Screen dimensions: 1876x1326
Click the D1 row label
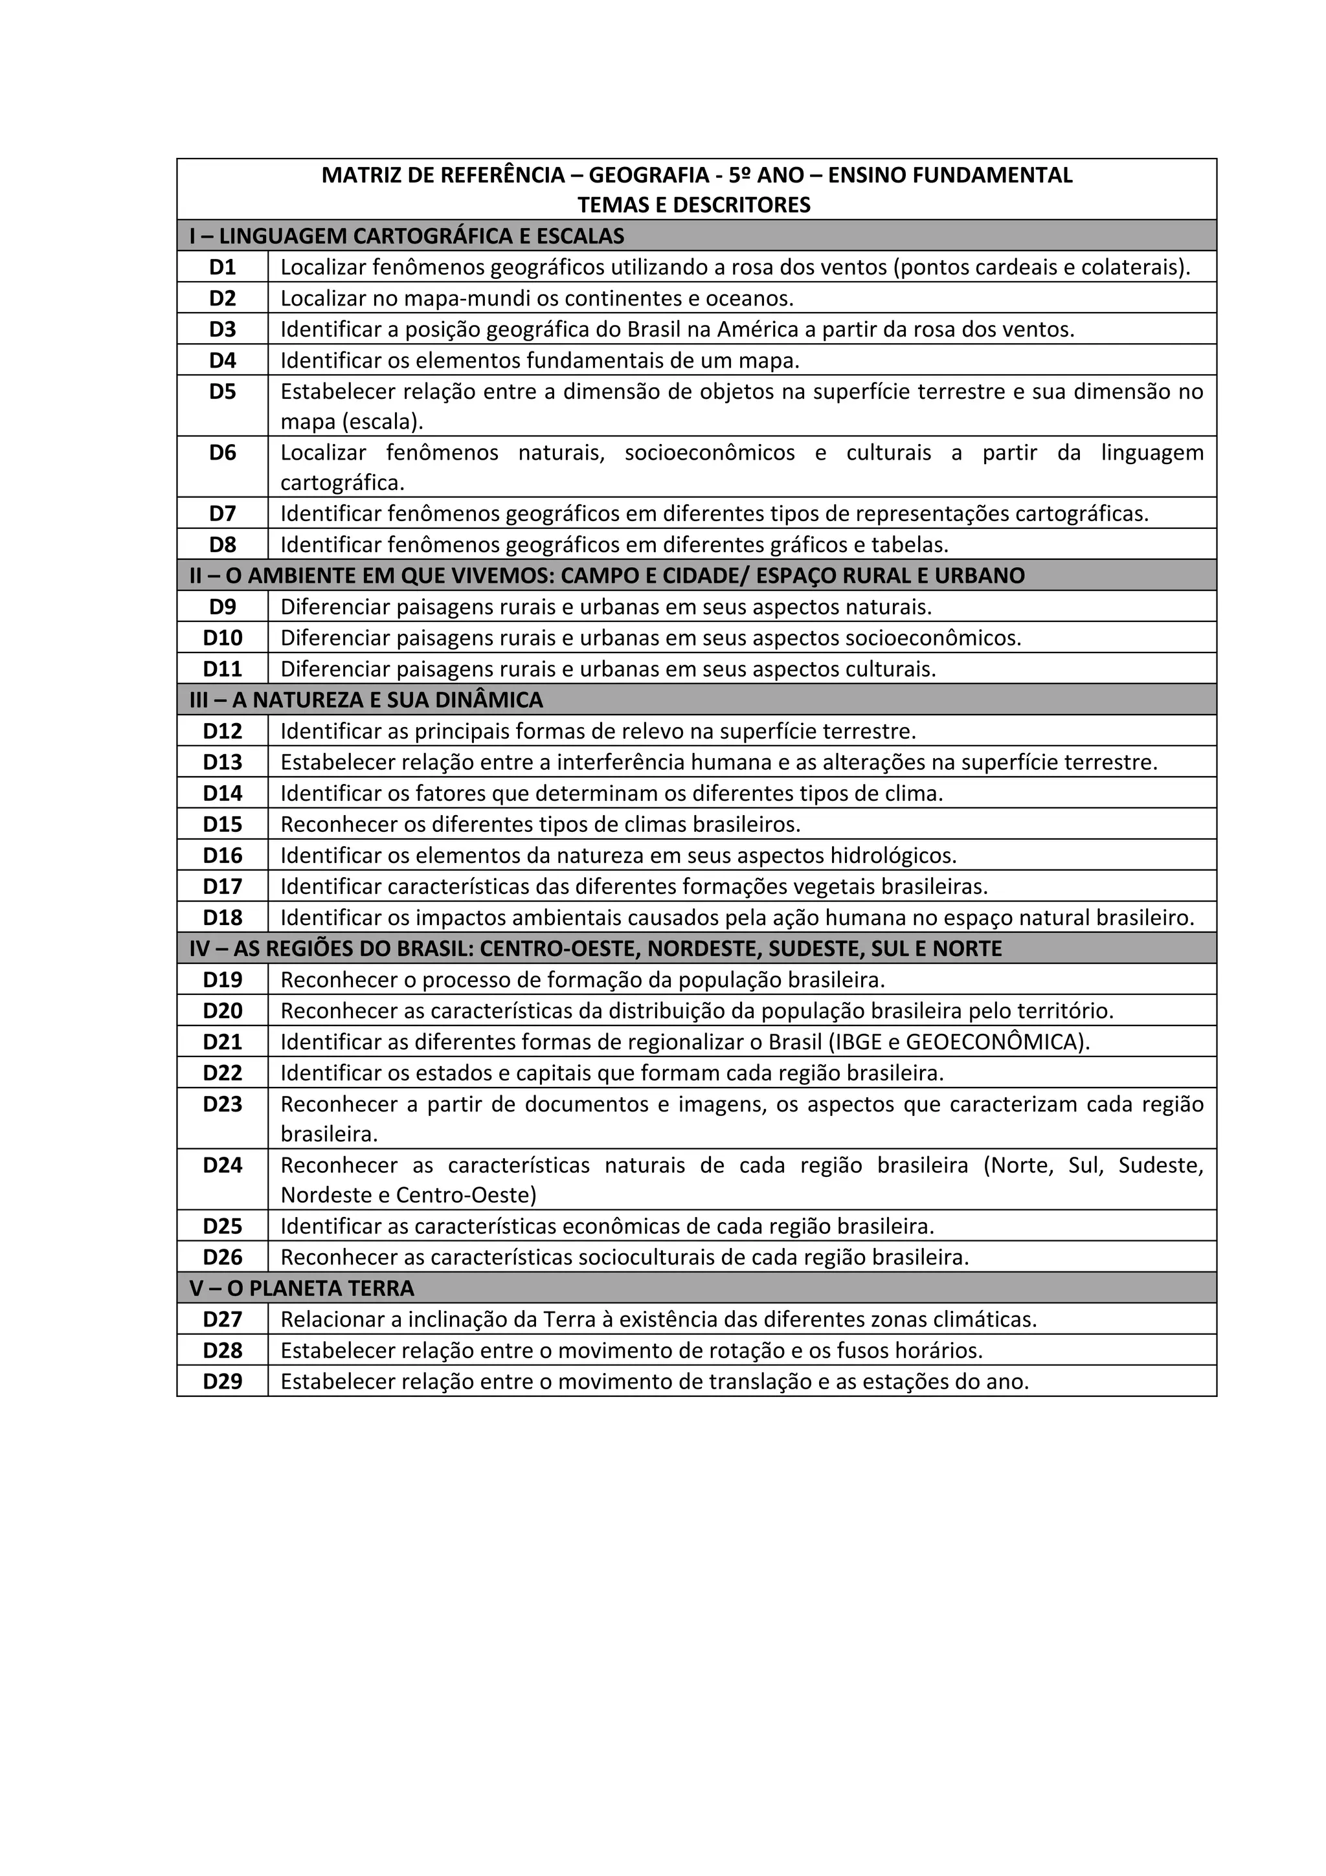click(222, 267)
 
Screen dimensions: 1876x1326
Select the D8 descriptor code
click(222, 544)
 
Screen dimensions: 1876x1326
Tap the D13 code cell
click(222, 763)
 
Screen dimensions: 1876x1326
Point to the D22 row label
click(222, 1073)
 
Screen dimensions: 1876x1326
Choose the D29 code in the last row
click(222, 1381)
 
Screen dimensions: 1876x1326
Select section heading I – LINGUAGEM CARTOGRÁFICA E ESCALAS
click(407, 236)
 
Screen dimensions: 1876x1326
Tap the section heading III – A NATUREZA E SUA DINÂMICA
click(366, 700)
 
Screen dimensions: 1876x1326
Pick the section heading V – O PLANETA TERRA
click(302, 1288)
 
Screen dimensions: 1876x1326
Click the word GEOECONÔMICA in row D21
click(995, 1042)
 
